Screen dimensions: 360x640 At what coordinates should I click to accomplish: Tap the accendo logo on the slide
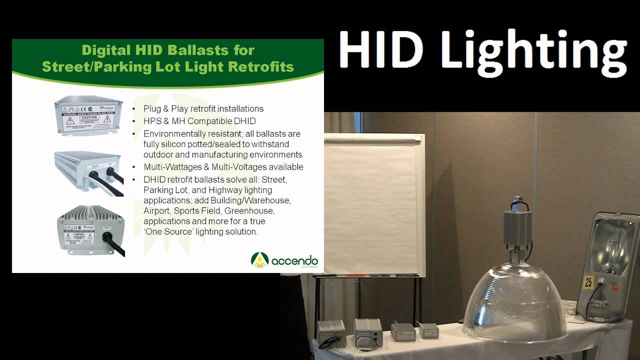(x=284, y=260)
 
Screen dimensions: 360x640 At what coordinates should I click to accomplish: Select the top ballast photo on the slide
(x=88, y=114)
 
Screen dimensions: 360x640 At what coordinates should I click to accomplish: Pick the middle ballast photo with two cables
(x=88, y=173)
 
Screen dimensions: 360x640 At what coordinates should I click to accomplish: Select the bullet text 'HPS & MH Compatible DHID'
(x=199, y=121)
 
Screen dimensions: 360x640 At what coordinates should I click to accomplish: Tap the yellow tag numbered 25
(x=588, y=282)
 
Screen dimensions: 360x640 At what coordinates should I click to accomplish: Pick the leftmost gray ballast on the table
(x=331, y=333)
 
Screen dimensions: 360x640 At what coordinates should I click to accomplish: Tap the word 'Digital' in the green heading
(x=106, y=50)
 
